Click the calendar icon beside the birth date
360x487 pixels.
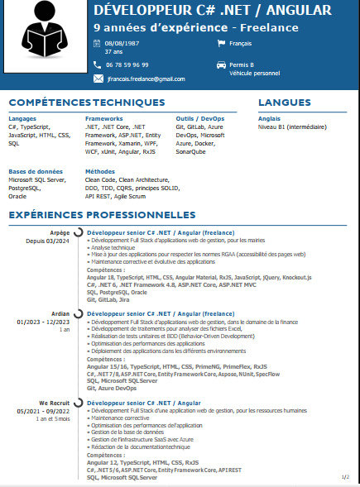97,42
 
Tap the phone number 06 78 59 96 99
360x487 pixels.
127,64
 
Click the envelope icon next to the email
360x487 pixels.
98,79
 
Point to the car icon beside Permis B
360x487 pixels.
220,64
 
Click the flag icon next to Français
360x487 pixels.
220,42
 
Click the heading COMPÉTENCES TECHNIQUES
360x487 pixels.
87,103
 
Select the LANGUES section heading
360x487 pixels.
284,103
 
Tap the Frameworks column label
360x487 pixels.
103,119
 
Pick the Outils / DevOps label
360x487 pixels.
199,119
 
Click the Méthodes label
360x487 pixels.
100,171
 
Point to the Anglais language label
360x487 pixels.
270,119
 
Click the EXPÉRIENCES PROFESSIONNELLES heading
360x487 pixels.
102,215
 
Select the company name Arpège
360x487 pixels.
60,232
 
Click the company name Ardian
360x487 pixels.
60,313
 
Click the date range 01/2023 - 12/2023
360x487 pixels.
44,321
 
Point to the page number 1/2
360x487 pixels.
344,477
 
